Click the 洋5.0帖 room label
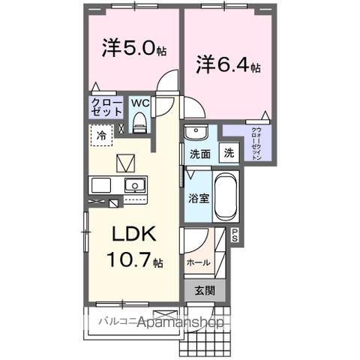click(x=133, y=49)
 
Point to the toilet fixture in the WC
click(x=139, y=121)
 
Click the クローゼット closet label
click(x=106, y=106)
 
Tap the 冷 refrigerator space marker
click(x=102, y=136)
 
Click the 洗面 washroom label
click(x=199, y=154)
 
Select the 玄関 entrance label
click(x=204, y=290)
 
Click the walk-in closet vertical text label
click(x=257, y=144)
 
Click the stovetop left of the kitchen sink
click(x=100, y=184)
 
